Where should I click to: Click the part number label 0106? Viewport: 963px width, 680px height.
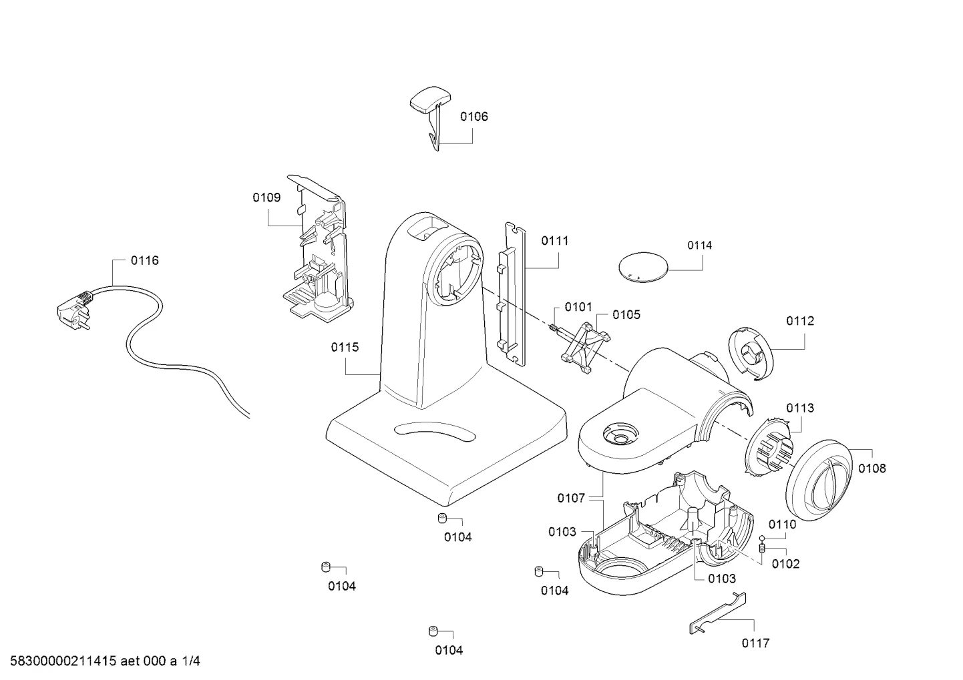click(x=473, y=117)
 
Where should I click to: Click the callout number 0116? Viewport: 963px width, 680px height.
click(x=144, y=260)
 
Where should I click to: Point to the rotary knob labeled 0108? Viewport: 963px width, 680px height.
click(x=819, y=480)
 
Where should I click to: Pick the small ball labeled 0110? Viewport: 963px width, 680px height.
click(x=762, y=537)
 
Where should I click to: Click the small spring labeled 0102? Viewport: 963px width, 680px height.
click(x=762, y=548)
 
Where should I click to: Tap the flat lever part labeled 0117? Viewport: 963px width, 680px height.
click(x=717, y=613)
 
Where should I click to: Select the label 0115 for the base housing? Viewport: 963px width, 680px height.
click(x=345, y=347)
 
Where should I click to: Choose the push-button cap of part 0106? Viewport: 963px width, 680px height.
click(x=430, y=99)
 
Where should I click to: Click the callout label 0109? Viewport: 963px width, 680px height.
click(x=266, y=198)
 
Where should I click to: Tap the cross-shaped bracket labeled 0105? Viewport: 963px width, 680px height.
click(x=586, y=348)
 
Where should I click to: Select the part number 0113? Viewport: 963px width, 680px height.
click(x=800, y=408)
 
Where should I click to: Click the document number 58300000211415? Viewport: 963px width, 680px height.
click(x=63, y=661)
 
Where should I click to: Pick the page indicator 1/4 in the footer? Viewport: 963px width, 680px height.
click(x=191, y=661)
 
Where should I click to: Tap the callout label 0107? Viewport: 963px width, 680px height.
click(x=571, y=498)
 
